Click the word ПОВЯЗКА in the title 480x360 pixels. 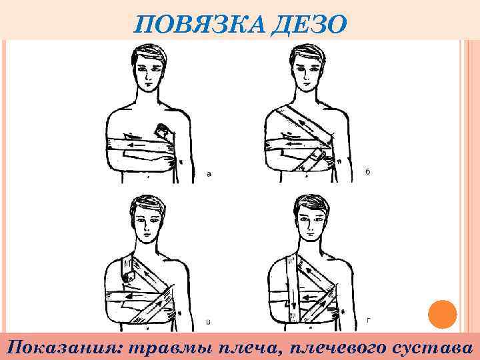(199, 24)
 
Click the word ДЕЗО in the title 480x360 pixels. (309, 25)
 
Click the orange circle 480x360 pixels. (443, 315)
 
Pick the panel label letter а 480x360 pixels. (209, 174)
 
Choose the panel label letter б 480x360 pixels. (367, 171)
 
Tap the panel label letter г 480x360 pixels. (369, 321)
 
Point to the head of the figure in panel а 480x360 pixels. (149, 67)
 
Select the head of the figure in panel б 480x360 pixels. (307, 67)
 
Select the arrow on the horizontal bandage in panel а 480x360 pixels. (135, 145)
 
